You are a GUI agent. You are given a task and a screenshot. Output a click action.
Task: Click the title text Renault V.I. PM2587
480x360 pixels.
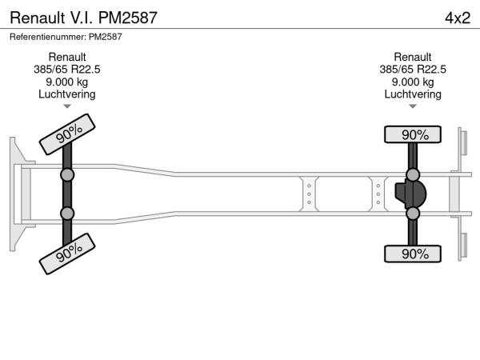pos(83,18)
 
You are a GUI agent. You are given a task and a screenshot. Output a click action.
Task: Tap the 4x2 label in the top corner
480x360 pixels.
pos(458,18)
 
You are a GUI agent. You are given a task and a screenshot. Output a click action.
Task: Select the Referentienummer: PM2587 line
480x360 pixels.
pos(66,37)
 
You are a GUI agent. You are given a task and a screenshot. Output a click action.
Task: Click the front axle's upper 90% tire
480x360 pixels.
pos(67,134)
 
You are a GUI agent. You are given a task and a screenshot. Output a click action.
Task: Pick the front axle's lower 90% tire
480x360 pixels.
pos(67,254)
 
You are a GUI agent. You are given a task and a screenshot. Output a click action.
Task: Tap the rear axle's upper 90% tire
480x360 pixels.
pos(413,134)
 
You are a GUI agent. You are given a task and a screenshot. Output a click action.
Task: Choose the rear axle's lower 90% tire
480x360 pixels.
pos(413,254)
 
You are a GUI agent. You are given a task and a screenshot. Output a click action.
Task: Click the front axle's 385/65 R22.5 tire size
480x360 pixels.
pos(67,70)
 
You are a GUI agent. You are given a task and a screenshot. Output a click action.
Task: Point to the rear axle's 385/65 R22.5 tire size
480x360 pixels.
pos(413,70)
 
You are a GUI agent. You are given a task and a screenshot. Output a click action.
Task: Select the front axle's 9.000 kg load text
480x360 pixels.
pos(67,82)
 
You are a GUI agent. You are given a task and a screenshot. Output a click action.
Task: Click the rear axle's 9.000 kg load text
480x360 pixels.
pos(413,82)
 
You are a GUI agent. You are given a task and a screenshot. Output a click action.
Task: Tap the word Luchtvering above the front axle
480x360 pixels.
pos(67,94)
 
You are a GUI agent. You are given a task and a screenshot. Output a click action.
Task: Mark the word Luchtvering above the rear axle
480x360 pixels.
pos(413,94)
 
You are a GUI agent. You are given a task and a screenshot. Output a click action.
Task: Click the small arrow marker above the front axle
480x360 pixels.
pos(67,106)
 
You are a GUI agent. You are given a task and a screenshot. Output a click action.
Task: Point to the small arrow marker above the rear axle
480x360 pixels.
pos(413,106)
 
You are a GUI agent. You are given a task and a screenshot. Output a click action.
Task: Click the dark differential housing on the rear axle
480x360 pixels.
pos(410,194)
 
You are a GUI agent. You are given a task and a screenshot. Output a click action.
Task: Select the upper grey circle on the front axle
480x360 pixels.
pos(67,175)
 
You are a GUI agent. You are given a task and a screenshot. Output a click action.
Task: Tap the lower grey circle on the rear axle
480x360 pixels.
pos(413,214)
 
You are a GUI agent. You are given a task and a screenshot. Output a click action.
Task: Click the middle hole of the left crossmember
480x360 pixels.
pos(309,194)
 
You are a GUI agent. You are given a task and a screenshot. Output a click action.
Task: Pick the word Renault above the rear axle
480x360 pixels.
pos(413,57)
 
